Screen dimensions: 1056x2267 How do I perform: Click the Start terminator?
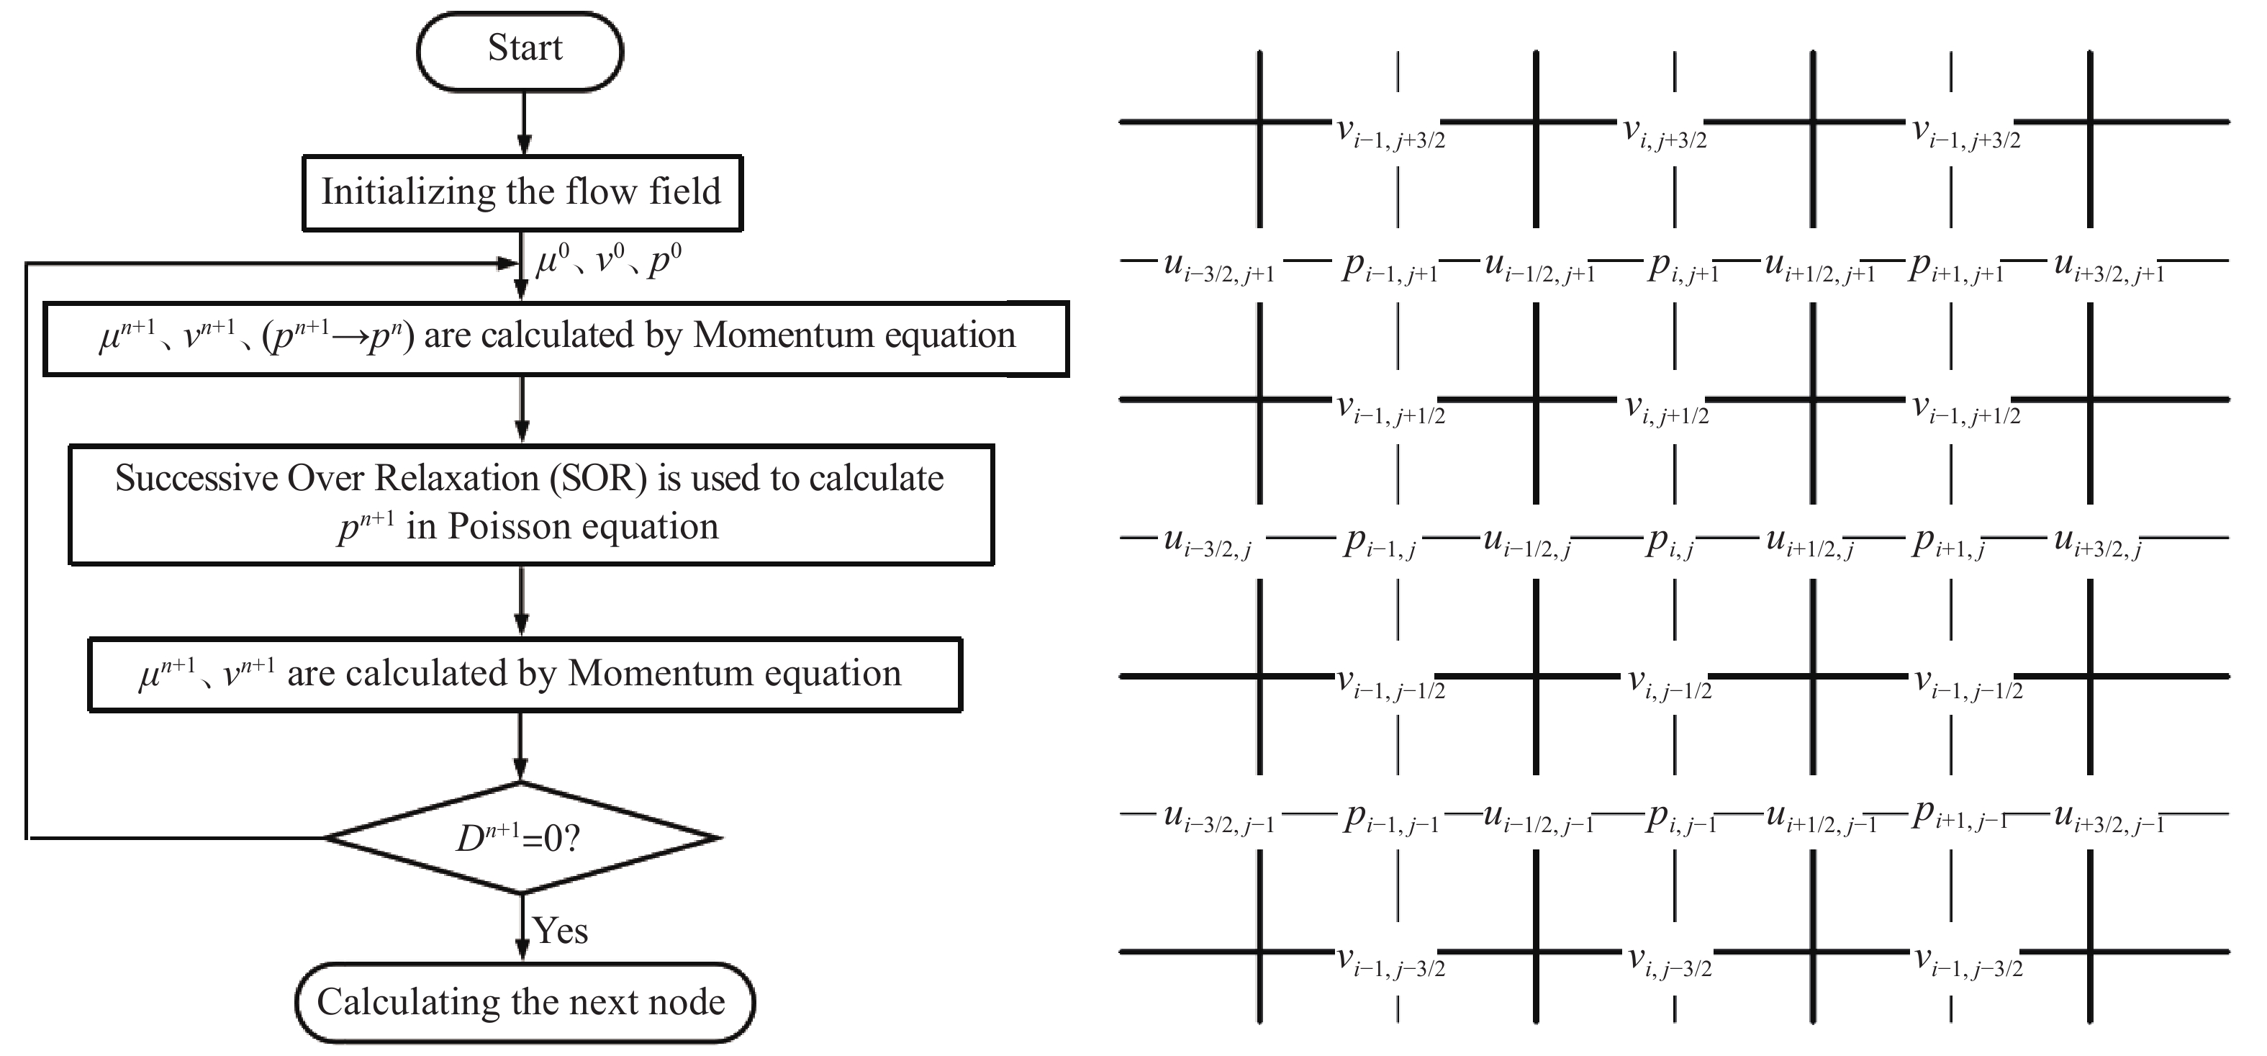coord(520,51)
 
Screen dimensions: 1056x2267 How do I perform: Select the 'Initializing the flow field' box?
coord(522,193)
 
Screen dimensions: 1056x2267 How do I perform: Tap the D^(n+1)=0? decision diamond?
coord(522,838)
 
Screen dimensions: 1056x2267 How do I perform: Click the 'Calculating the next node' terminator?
coord(525,1002)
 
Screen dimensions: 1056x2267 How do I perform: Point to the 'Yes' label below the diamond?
coord(561,930)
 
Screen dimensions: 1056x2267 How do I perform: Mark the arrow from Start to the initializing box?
coord(524,123)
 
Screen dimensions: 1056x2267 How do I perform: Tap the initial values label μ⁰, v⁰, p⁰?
coord(608,261)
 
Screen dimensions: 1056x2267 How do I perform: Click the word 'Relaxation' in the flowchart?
coord(457,479)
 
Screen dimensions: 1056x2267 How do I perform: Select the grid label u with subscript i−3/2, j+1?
coord(1219,266)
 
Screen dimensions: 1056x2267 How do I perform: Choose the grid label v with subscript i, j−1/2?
coord(1668,683)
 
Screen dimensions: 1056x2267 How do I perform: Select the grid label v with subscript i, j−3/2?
coord(1668,961)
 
